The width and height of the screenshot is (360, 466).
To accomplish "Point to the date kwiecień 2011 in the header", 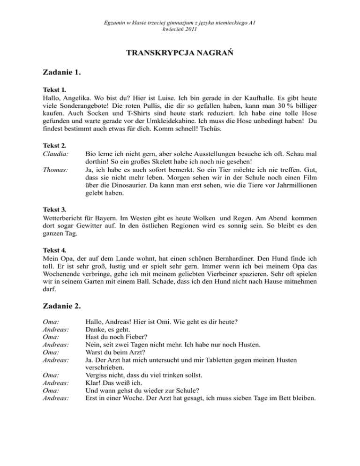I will [180, 30].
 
